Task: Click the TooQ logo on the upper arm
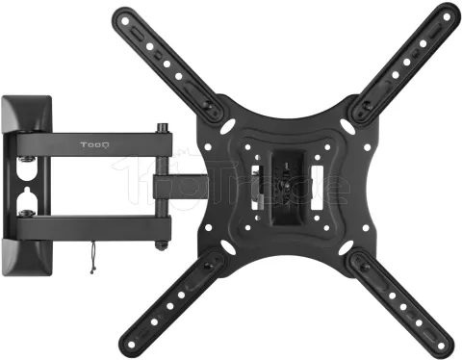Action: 93,145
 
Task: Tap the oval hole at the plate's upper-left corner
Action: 226,126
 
